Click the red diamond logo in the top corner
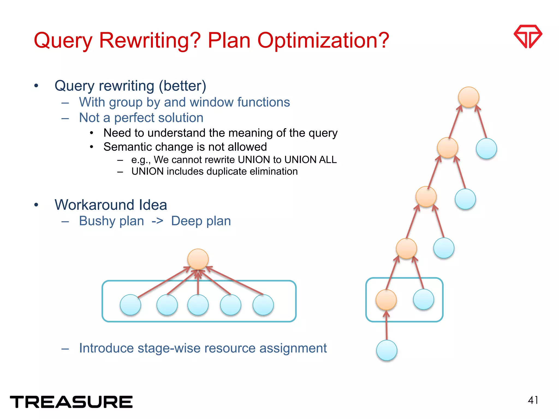tap(528, 36)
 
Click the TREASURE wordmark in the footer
tap(71, 402)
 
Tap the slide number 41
tap(533, 400)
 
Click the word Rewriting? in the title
tap(150, 40)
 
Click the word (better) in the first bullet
tap(182, 86)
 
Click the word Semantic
tap(126, 147)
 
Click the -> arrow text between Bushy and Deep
tap(157, 221)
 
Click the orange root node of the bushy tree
tap(198, 259)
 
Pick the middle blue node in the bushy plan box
tap(198, 305)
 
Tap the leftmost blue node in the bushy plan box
tap(130, 305)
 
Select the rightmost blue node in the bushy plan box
tap(263, 305)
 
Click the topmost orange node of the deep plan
tap(469, 97)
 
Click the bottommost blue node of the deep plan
tap(386, 350)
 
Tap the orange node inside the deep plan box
tap(386, 300)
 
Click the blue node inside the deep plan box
tap(423, 299)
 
